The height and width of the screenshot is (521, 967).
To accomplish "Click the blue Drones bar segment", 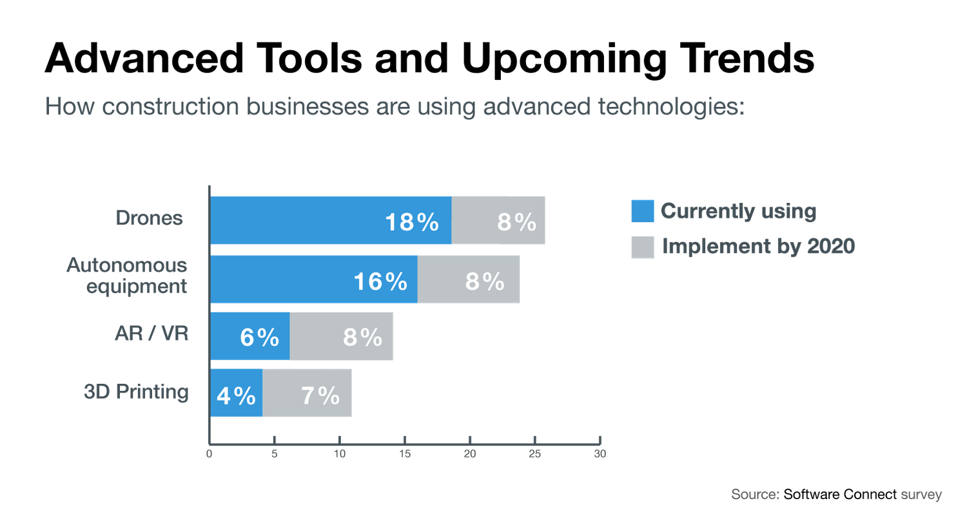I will [297, 221].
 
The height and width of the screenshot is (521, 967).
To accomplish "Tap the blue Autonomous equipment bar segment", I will [284, 279].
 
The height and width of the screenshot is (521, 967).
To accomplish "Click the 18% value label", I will [412, 222].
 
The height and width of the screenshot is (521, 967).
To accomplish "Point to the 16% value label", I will [380, 281].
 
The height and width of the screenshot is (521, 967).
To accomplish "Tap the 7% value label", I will [320, 395].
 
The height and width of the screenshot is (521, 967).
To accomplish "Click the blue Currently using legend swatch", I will [642, 211].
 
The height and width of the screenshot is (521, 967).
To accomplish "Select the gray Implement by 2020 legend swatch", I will [642, 247].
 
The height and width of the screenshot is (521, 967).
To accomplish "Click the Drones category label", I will [150, 219].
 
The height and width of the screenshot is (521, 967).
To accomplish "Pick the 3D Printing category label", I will [137, 392].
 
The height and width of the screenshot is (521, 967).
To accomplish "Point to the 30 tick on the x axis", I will [600, 455].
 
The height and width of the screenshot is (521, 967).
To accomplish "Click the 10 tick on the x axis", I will [340, 455].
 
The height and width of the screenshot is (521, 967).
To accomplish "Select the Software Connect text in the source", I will [840, 495].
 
